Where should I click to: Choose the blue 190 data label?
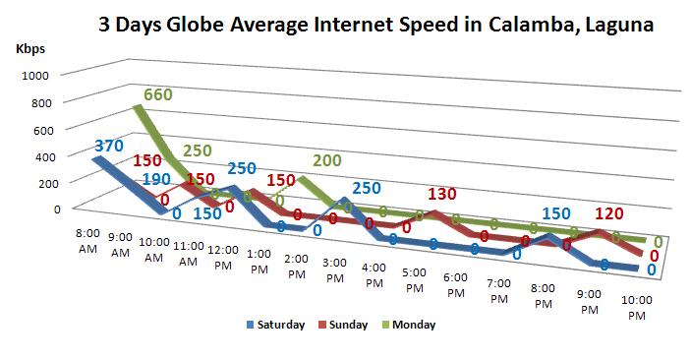155,180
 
